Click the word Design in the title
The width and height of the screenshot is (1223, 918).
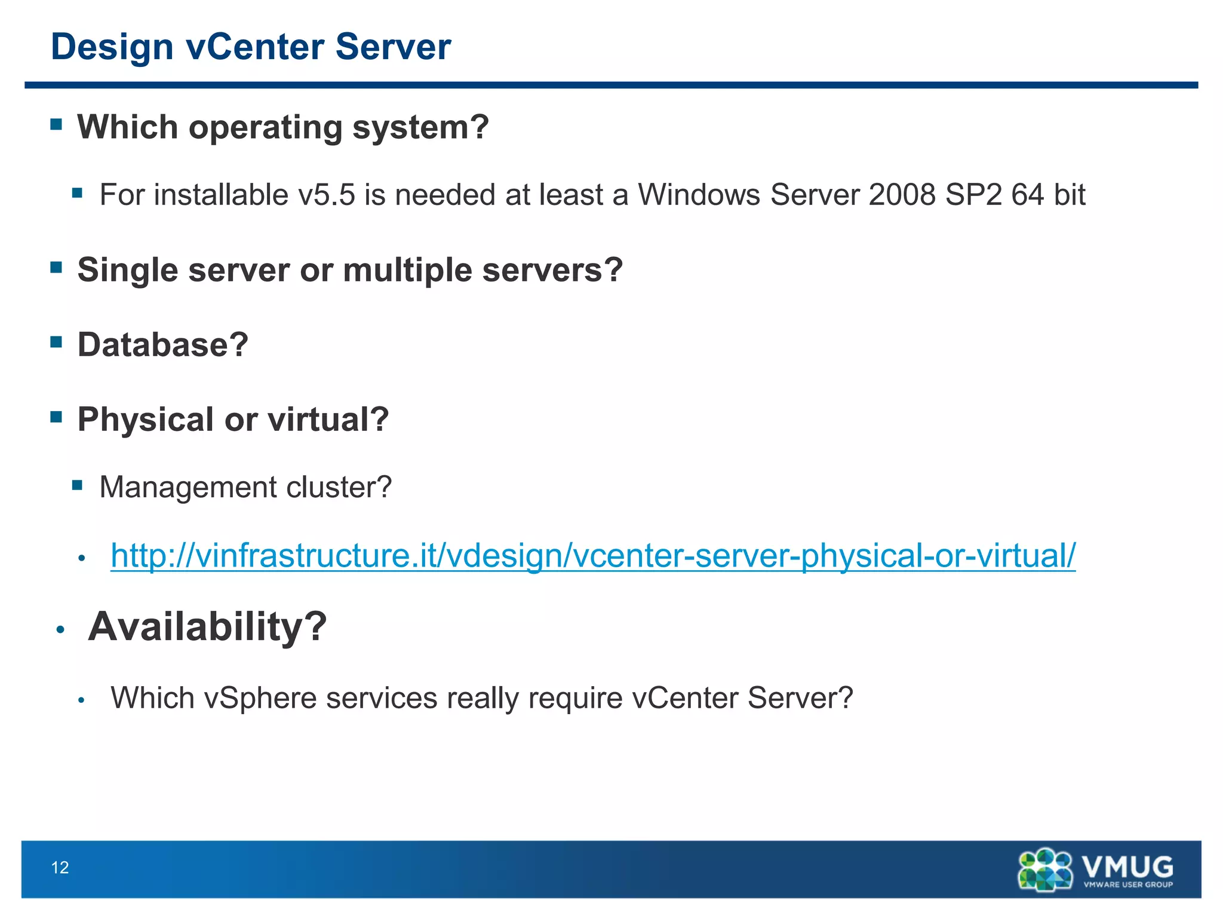pos(112,47)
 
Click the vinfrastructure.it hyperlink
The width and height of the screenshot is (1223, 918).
pos(593,556)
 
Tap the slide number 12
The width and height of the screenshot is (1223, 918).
pos(60,867)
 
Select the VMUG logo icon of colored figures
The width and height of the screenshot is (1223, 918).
pos(1045,870)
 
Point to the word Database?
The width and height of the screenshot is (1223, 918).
pos(162,345)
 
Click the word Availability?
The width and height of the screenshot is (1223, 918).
pos(207,627)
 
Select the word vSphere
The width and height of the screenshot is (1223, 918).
pos(260,698)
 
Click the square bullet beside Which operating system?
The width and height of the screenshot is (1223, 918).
pos(57,124)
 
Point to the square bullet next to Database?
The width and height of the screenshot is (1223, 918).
pos(57,342)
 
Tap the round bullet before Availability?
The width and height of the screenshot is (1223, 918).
pos(60,629)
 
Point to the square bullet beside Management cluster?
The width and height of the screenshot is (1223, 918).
pos(77,485)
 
